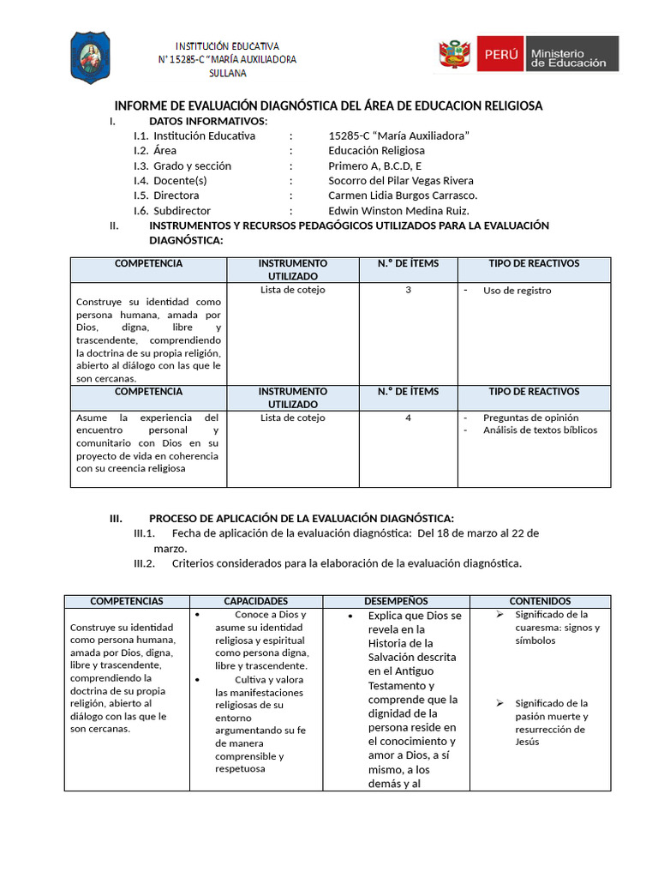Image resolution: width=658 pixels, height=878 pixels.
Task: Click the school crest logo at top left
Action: [89, 58]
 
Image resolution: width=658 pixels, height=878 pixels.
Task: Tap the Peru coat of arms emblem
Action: [456, 54]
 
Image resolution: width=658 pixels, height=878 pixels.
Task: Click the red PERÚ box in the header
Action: [500, 54]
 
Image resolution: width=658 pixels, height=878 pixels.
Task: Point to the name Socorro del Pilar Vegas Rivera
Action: [401, 180]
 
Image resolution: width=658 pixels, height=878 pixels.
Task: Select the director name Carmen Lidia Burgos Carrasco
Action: [403, 195]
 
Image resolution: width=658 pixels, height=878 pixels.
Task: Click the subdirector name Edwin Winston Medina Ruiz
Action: [399, 210]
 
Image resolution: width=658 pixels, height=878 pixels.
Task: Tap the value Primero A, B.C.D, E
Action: [375, 165]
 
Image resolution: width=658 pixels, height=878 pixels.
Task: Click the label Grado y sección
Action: [192, 165]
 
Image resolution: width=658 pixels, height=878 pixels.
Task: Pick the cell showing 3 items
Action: [408, 290]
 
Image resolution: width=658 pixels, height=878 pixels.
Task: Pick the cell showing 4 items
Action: [408, 418]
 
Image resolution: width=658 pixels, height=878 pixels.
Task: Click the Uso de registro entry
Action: [517, 291]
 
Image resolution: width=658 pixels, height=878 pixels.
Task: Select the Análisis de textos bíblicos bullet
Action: [540, 430]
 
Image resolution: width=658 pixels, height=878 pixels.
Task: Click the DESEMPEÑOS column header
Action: [396, 601]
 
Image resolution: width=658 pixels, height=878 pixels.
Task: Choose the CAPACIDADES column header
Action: [255, 601]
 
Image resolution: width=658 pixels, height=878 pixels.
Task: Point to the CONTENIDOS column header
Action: [540, 601]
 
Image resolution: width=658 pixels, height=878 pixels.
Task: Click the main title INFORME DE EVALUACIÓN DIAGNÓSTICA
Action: [328, 105]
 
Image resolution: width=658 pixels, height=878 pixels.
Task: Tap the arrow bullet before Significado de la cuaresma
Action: [499, 615]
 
